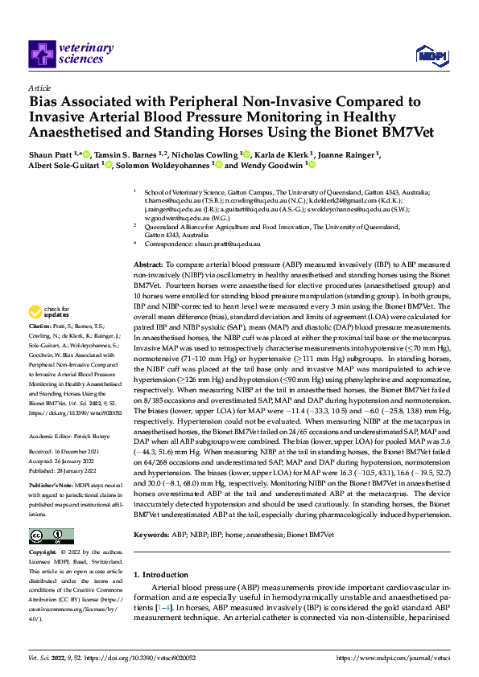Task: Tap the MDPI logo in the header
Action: coord(427,54)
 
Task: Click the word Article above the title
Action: coord(39,88)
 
